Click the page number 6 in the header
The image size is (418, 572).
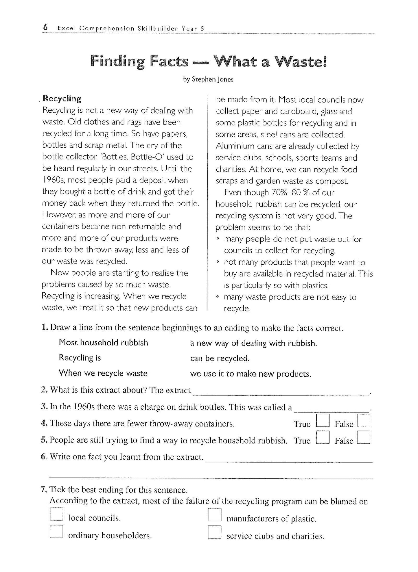[x=45, y=28]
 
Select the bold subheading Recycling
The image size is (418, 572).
[x=62, y=99]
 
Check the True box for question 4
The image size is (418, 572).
[x=323, y=421]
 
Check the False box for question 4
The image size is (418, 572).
[x=364, y=421]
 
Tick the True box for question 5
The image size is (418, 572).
[x=323, y=437]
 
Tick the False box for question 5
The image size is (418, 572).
[x=364, y=437]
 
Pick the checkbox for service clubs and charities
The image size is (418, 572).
[x=214, y=532]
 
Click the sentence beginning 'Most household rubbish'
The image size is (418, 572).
[x=103, y=343]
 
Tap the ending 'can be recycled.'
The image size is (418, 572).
[x=220, y=359]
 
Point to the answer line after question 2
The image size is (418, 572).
[x=281, y=393]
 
